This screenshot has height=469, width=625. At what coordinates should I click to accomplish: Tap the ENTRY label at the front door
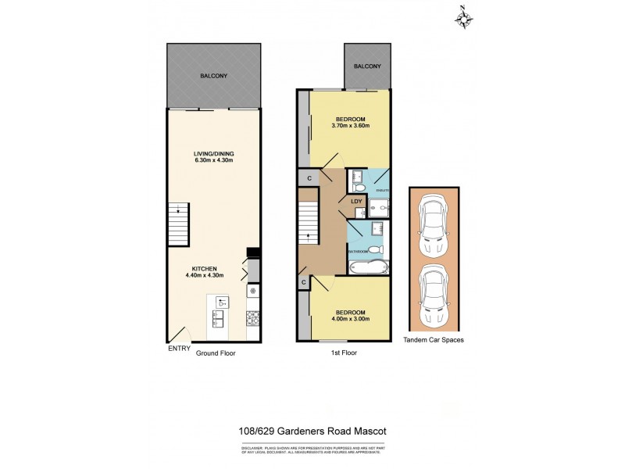coord(179,349)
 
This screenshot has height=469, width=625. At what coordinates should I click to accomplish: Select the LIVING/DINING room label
coord(214,153)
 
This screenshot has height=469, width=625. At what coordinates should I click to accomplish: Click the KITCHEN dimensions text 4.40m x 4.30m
coord(205,275)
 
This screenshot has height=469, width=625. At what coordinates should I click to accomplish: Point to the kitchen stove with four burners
coord(252,317)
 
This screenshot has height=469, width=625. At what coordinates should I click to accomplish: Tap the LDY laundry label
coord(356,202)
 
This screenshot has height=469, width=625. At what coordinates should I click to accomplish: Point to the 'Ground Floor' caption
coord(216,353)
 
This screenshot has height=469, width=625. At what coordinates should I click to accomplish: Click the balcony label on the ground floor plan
coord(214,75)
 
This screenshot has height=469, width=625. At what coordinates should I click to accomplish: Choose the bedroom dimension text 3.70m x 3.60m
coord(350,125)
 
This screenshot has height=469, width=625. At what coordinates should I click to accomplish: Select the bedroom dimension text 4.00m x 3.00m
coord(350,319)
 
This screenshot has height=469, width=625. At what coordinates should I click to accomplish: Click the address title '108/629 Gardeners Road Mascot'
coord(313,430)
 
